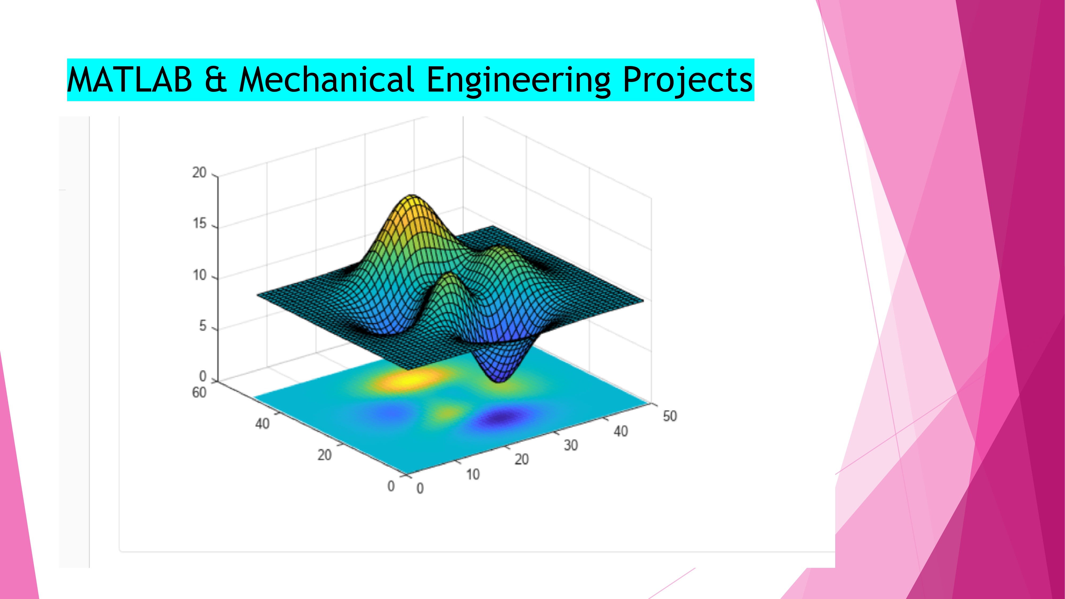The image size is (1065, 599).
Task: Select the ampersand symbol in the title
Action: [x=215, y=79]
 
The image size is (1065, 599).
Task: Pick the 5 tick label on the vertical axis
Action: [x=203, y=326]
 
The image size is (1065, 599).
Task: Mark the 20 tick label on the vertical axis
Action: [x=199, y=173]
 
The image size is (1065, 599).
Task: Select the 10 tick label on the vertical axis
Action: [x=199, y=275]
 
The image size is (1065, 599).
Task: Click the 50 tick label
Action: [x=670, y=416]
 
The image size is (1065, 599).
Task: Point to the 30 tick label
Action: [x=571, y=445]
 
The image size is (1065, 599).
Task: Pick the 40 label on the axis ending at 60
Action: [x=262, y=424]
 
